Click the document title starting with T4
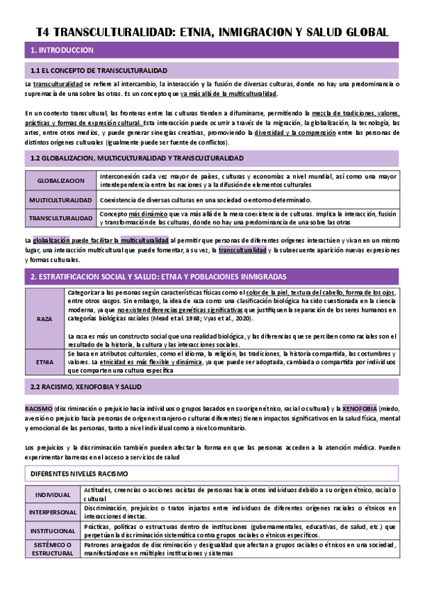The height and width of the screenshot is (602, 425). pos(212,32)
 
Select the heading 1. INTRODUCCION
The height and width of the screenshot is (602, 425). pos(62,50)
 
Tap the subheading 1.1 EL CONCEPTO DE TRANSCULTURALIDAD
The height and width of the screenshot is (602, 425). pos(99,71)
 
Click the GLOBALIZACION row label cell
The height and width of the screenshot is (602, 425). pos(60,181)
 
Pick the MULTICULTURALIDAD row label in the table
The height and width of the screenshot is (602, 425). pos(60,200)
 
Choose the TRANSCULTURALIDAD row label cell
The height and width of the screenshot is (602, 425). pos(60,218)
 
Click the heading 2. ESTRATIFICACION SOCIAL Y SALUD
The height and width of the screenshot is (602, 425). pos(158,275)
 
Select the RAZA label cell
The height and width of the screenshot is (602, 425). pos(44,319)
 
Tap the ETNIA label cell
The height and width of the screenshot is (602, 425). pos(44,361)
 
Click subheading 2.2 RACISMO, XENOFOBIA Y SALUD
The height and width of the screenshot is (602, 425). pos(87,387)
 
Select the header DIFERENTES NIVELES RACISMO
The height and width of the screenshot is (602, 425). pos(79,473)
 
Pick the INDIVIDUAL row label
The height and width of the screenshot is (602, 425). pos(53,495)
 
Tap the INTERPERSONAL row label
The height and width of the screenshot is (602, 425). pos(53,513)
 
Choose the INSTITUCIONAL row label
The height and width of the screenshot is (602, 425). pos(53,530)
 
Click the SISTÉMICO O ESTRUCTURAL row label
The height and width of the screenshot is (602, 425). pos(53,549)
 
